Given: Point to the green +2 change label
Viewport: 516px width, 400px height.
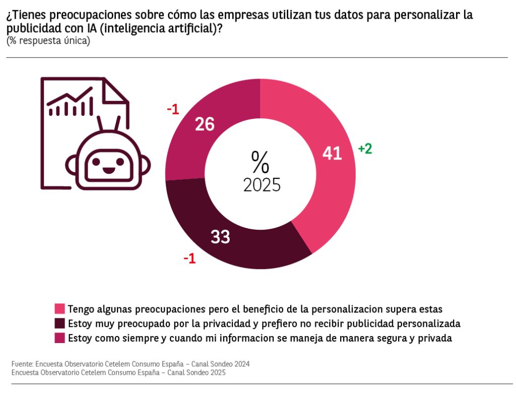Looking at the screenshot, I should [365, 149].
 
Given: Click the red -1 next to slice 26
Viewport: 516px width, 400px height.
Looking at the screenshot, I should [173, 109].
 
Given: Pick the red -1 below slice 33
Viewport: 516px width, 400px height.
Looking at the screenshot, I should [189, 259].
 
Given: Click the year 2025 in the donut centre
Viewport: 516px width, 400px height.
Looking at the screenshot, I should [262, 185].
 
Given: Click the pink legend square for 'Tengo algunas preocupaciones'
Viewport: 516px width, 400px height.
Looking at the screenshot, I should [59, 308].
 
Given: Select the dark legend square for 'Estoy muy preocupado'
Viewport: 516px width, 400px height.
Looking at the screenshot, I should [59, 323].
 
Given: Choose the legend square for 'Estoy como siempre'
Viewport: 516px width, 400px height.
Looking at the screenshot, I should [59, 338].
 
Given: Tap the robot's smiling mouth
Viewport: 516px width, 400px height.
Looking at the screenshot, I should [107, 170].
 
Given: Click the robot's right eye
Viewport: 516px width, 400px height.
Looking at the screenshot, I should [120, 161].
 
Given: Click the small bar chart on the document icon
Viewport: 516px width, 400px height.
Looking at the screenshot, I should [71, 103].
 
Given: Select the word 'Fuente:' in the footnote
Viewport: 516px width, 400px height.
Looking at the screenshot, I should [22, 364].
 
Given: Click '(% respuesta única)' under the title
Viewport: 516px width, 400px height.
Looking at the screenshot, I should [48, 41].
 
